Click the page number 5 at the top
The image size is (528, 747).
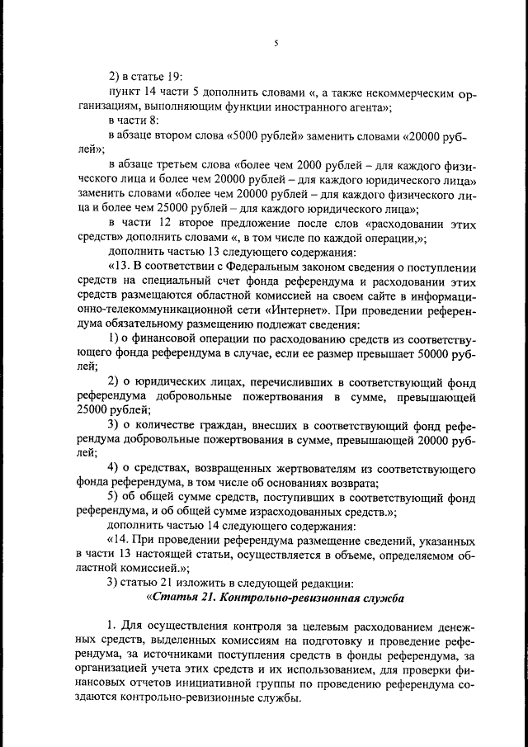point(276,43)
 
